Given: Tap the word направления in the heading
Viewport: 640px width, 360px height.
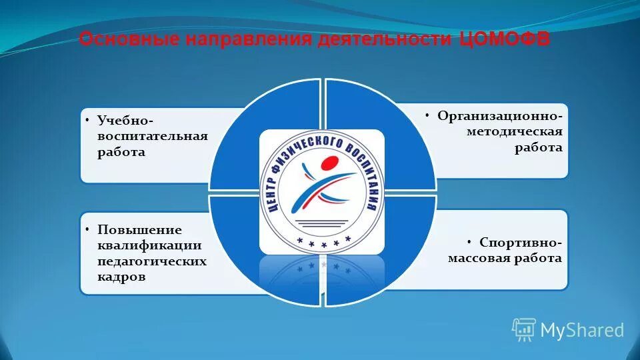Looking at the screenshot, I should point(247,39).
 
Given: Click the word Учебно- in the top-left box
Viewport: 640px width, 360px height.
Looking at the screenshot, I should point(126,121).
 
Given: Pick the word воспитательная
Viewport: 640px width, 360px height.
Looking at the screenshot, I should point(153,137).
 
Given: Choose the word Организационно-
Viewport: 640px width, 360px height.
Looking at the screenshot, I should point(500,116).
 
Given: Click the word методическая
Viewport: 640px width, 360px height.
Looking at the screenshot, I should point(515,132).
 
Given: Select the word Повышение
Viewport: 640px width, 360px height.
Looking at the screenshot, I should point(140,230).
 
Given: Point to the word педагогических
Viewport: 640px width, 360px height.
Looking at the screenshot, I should point(152,261).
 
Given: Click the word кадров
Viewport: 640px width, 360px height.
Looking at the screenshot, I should point(121,277).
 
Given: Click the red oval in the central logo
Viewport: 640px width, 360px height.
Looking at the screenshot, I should point(329,163).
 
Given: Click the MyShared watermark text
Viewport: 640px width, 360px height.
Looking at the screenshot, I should point(581,330).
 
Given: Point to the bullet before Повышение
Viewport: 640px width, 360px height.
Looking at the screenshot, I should point(88,229).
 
